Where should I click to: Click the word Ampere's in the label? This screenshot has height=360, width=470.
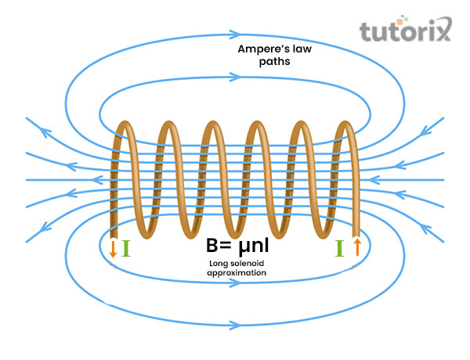[258, 49]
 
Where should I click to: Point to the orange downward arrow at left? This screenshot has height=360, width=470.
[113, 249]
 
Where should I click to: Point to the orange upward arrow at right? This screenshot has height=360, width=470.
[357, 248]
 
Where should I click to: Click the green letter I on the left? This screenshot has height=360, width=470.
[125, 249]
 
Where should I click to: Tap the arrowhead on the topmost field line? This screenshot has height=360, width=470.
[234, 35]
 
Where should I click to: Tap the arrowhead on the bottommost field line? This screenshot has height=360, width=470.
[234, 323]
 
